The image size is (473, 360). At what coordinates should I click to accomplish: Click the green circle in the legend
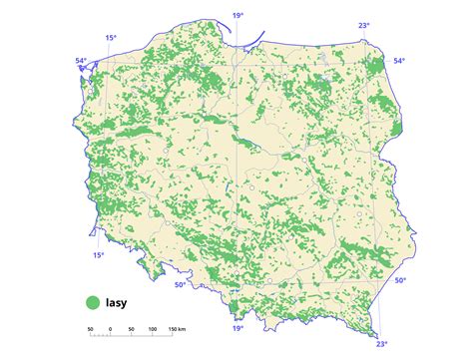click(x=92, y=300)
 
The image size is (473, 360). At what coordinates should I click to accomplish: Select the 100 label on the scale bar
click(x=151, y=329)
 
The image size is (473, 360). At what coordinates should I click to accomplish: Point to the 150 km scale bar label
click(x=179, y=329)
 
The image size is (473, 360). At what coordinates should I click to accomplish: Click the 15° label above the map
click(x=110, y=39)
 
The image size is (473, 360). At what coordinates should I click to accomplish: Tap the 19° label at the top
click(x=237, y=16)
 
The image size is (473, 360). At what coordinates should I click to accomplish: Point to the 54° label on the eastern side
click(x=399, y=62)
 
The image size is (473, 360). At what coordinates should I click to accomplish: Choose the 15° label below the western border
click(x=98, y=255)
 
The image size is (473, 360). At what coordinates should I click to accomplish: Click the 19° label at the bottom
click(x=237, y=328)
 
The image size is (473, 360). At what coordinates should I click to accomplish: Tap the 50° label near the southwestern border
click(x=180, y=285)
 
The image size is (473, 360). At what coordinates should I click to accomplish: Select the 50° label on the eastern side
click(x=399, y=281)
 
